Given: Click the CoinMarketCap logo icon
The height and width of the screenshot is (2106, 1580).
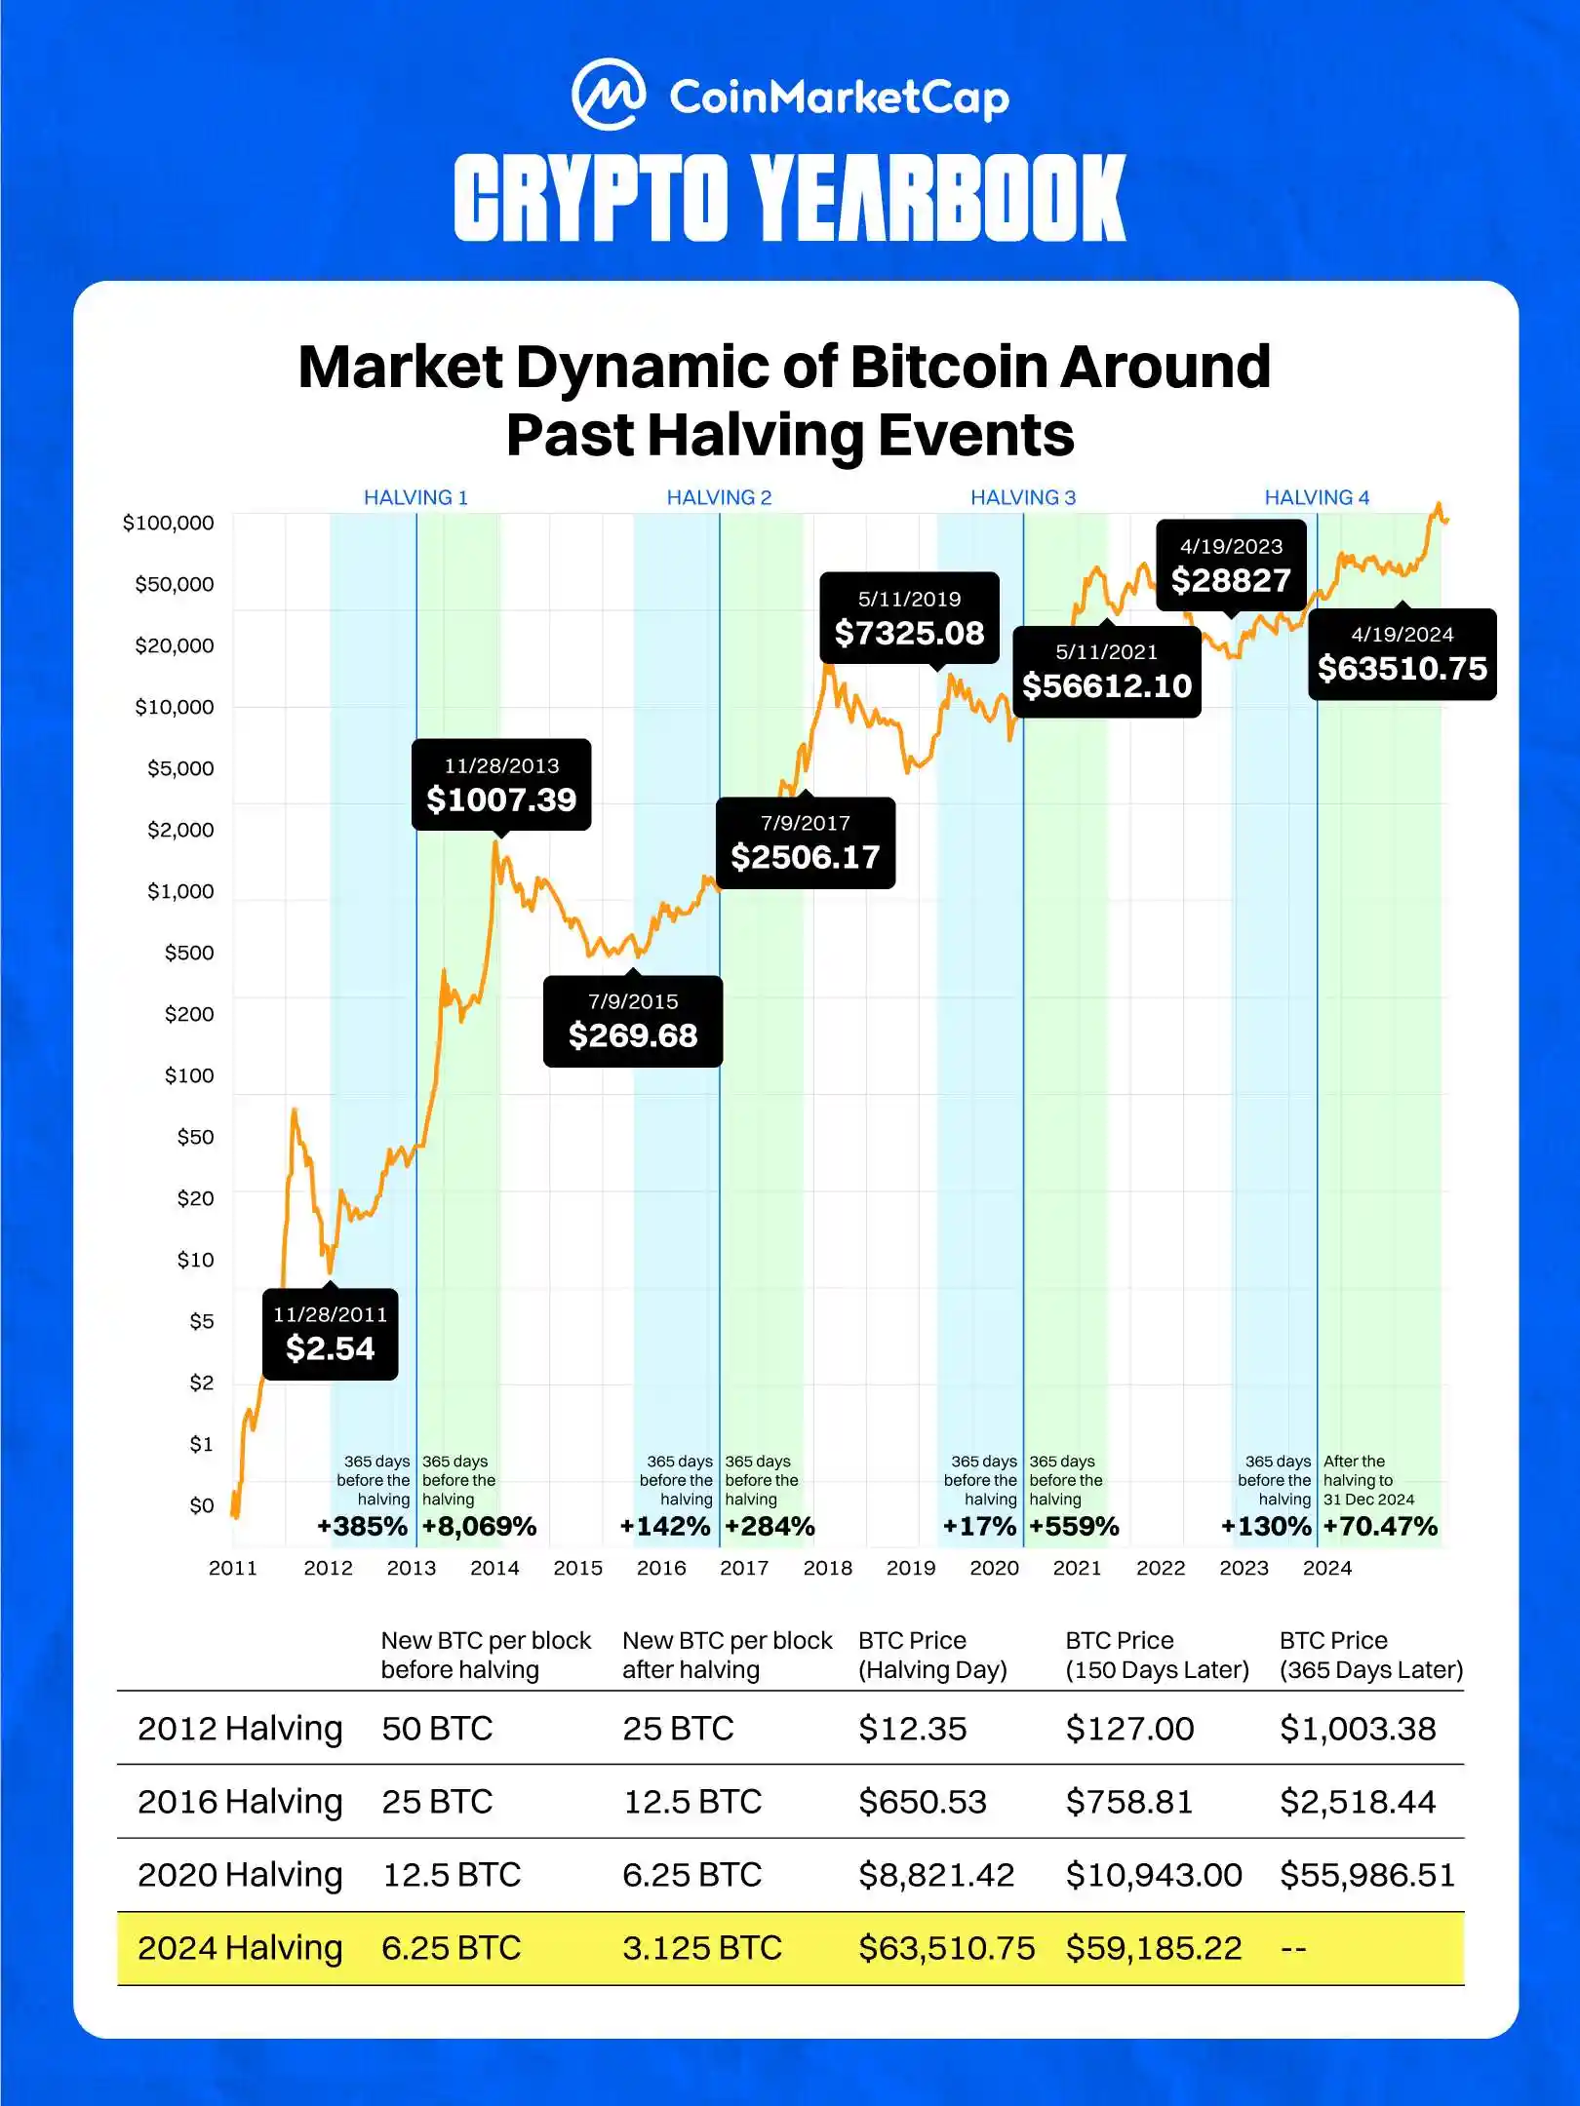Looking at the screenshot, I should point(608,95).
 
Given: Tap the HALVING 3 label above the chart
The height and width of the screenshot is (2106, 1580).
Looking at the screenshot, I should point(1022,497).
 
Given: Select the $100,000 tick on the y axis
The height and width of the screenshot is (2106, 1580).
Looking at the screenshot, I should point(168,523).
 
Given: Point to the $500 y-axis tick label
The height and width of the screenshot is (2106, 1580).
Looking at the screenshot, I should point(188,953).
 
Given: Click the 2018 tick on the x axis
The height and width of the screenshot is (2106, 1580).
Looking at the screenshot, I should point(827,1568).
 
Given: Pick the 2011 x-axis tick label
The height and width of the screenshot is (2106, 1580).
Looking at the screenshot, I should point(233,1568).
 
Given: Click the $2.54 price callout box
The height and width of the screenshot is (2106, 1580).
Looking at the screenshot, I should point(330,1334).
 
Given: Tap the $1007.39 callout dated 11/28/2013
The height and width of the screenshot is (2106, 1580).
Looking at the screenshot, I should point(501,785).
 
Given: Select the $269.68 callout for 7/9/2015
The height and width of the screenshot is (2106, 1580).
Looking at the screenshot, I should point(633,1021).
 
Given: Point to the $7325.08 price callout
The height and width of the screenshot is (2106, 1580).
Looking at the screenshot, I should point(909,618).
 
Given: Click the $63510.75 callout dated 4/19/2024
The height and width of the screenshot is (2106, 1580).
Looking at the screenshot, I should point(1402,654).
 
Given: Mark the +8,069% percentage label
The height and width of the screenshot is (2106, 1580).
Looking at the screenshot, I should point(479,1526).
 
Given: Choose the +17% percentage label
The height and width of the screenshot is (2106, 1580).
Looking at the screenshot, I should point(979,1526).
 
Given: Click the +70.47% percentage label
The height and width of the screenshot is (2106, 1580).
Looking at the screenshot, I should point(1380,1526).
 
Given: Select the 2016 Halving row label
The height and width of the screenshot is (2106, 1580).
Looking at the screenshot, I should point(240,1801).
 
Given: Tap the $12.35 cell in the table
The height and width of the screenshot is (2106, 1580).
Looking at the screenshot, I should point(912,1728).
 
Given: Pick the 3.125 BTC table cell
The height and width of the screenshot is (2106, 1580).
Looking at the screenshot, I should point(702,1947).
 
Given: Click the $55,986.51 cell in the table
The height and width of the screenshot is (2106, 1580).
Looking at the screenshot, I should point(1366,1874).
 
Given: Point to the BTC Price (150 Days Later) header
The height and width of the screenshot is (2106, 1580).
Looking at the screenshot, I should point(1157,1655).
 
